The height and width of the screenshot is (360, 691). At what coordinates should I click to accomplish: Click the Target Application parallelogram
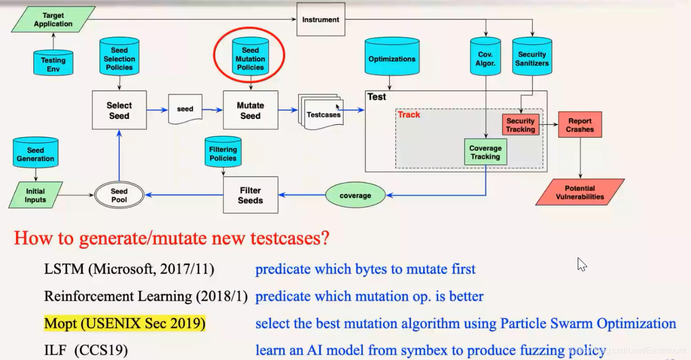pyautogui.click(x=53, y=19)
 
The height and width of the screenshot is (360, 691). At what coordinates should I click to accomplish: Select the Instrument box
pyautogui.click(x=321, y=20)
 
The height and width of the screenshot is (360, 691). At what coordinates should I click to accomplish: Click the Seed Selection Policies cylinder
pyautogui.click(x=119, y=59)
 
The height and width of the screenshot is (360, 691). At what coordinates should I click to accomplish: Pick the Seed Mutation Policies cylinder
pyautogui.click(x=250, y=59)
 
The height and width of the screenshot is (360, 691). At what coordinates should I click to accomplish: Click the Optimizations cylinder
pyautogui.click(x=392, y=59)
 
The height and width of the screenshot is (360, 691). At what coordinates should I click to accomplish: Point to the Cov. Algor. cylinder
pyautogui.click(x=485, y=59)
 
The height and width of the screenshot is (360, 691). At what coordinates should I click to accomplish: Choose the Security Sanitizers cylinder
pyautogui.click(x=532, y=59)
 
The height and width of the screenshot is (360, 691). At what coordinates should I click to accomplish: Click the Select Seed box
pyautogui.click(x=119, y=110)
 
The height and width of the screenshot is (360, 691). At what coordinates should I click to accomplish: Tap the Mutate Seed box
pyautogui.click(x=250, y=110)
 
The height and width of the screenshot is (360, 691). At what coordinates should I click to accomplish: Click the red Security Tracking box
pyautogui.click(x=521, y=125)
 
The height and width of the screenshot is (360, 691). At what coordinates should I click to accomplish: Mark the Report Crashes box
pyautogui.click(x=580, y=125)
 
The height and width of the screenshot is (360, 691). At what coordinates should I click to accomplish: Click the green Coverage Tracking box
pyautogui.click(x=485, y=152)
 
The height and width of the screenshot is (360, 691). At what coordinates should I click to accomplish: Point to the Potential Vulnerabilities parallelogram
pyautogui.click(x=580, y=192)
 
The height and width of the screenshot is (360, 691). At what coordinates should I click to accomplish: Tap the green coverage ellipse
pyautogui.click(x=355, y=195)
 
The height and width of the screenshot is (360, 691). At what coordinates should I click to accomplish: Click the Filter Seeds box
pyautogui.click(x=250, y=195)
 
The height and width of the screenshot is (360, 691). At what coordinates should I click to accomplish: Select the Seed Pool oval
pyautogui.click(x=119, y=195)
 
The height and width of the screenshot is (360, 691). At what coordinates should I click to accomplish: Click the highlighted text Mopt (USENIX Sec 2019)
pyautogui.click(x=125, y=323)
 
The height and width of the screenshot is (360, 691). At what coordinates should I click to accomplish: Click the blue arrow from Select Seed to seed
pyautogui.click(x=157, y=110)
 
